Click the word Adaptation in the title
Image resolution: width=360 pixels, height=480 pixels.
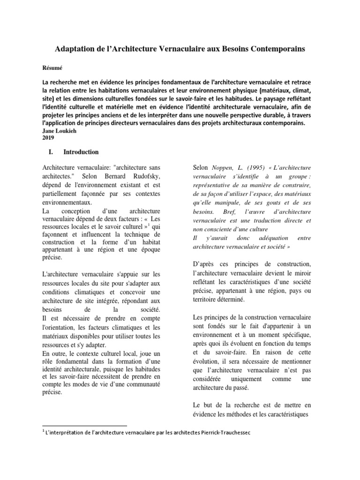click(78, 49)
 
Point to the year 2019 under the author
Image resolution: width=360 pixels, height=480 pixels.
click(49, 138)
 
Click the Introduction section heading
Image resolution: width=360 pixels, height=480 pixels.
click(81, 152)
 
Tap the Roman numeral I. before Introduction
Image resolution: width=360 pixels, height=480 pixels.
click(51, 152)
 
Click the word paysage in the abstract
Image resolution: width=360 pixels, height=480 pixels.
click(270, 99)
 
